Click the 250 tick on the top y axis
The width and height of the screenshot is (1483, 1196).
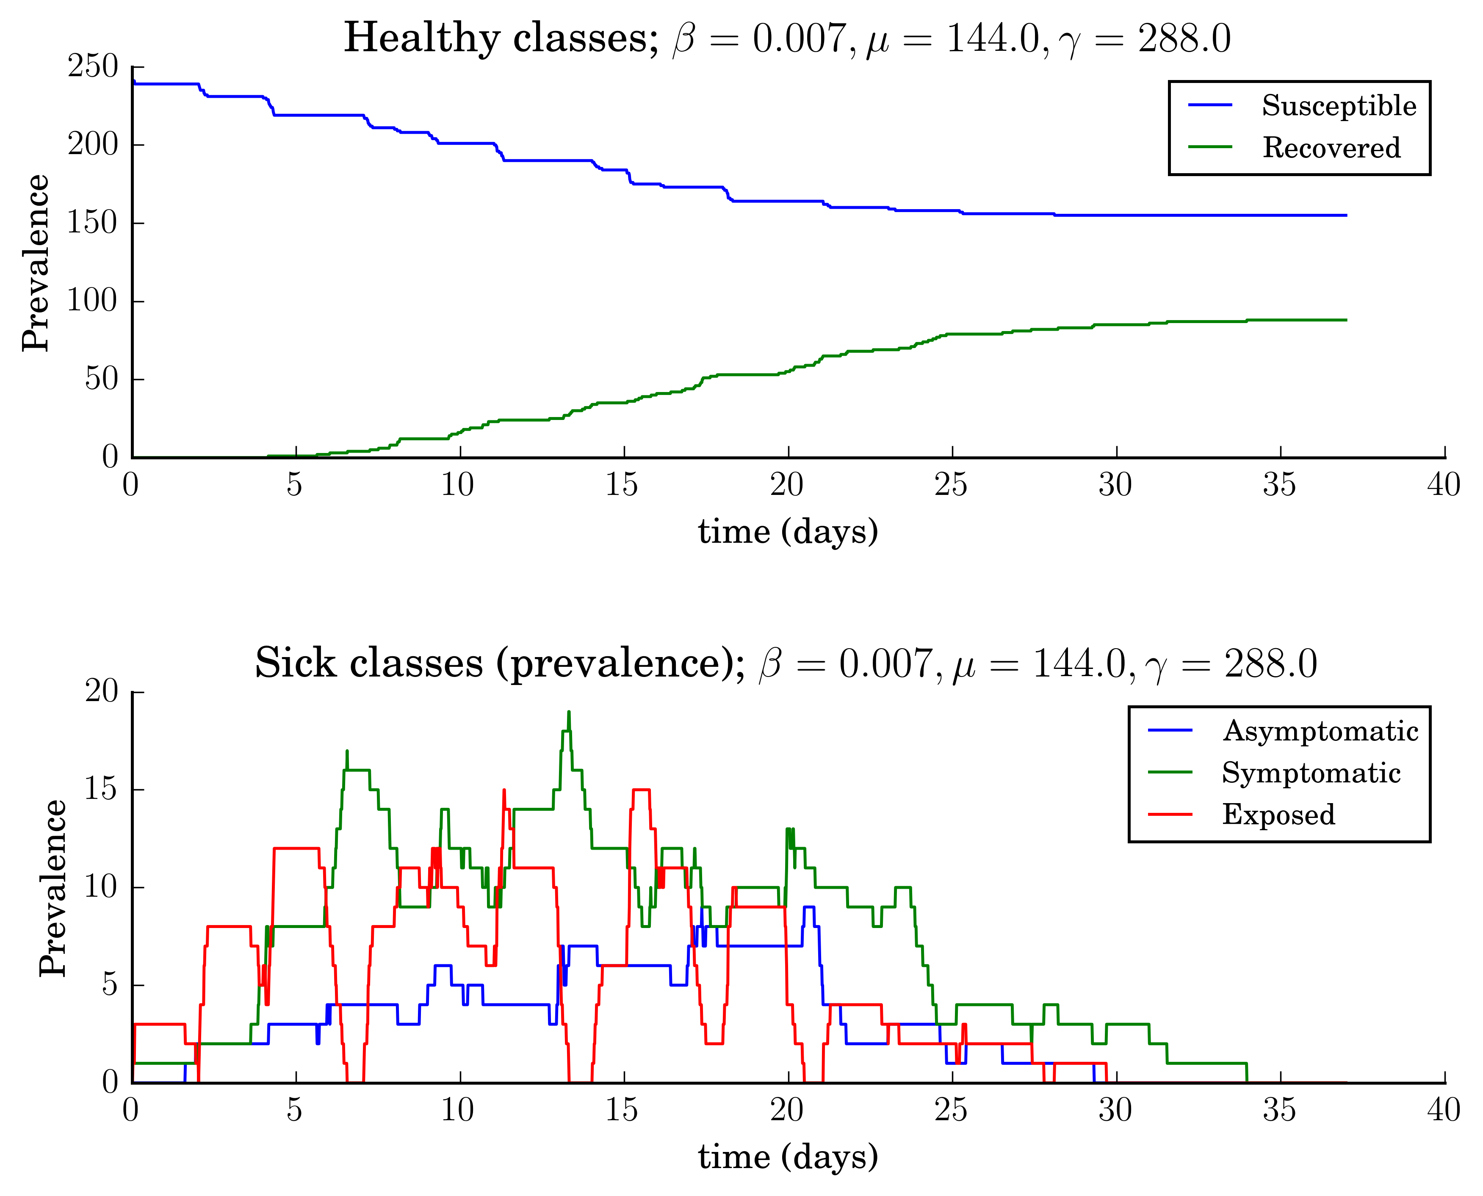(93, 67)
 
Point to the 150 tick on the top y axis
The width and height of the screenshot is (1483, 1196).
(93, 223)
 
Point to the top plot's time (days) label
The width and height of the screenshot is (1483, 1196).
(788, 532)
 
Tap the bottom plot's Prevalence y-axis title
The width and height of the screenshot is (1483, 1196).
(53, 888)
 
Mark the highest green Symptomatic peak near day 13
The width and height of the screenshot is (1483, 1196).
(569, 713)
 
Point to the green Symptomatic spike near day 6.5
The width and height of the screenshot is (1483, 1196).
(347, 751)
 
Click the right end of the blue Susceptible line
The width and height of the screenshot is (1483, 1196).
(1345, 215)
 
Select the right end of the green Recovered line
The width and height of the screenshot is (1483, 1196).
(1345, 320)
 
